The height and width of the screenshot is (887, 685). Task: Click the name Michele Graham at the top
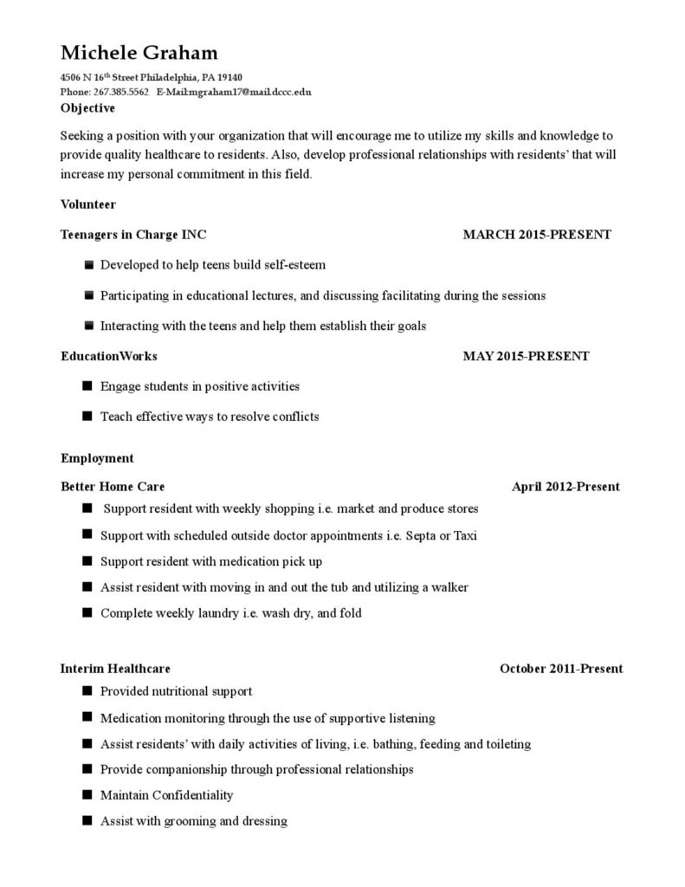point(139,53)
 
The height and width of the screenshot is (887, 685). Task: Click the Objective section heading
point(87,108)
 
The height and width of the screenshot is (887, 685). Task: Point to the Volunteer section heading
point(88,204)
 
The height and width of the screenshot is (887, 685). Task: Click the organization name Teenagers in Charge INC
point(133,234)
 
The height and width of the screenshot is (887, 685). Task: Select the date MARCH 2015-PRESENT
point(537,234)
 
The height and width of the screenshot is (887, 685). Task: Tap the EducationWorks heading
point(109,355)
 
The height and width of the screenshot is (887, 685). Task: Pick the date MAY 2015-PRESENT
point(526,355)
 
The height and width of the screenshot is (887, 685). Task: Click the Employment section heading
point(97,457)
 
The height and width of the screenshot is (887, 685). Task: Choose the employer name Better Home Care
point(113,486)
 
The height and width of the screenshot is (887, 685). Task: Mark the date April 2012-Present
point(565,486)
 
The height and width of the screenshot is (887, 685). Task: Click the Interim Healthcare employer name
point(115,668)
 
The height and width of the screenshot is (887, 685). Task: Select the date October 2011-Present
point(561,668)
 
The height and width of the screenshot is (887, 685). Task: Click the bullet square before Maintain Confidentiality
point(87,794)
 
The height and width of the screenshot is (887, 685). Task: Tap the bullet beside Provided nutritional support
point(87,690)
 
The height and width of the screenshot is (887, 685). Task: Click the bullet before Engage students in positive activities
point(87,385)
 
